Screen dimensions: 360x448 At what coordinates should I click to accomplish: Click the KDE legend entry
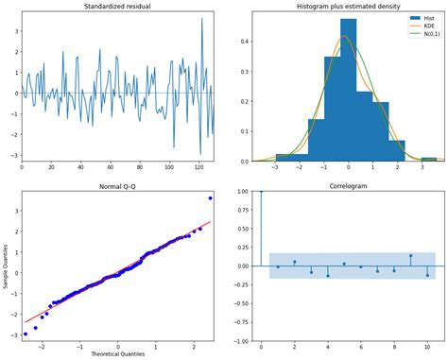(x=422, y=26)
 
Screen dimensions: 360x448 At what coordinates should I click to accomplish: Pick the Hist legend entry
(x=422, y=18)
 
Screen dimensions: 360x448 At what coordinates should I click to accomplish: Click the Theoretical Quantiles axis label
(x=117, y=354)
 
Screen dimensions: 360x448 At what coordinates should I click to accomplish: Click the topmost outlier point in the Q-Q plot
(x=210, y=197)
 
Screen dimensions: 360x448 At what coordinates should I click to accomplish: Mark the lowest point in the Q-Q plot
(x=26, y=334)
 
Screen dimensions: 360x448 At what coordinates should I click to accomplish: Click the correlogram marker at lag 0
(x=261, y=191)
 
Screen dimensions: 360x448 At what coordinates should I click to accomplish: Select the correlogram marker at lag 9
(x=410, y=255)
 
